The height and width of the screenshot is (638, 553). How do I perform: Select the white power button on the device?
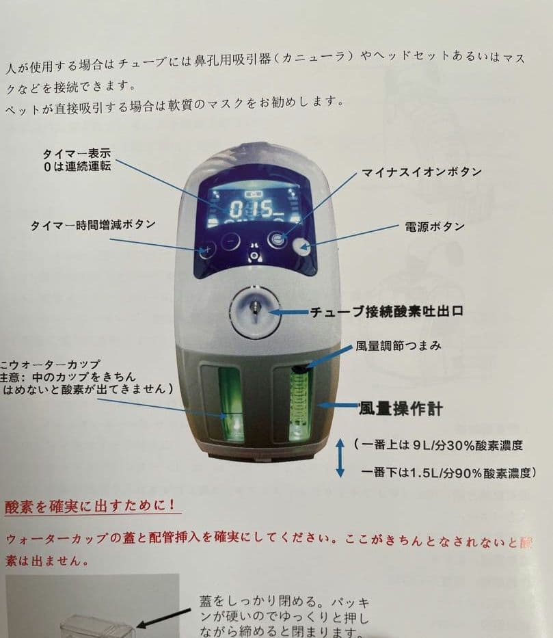tap(301, 247)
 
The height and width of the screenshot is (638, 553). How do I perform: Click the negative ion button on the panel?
tap(277, 239)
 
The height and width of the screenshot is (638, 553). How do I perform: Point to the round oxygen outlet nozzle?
tap(254, 311)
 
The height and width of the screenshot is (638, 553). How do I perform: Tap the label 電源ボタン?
tap(435, 226)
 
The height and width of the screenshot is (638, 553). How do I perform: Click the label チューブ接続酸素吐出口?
tap(387, 311)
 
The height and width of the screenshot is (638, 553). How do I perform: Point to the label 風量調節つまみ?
tap(398, 346)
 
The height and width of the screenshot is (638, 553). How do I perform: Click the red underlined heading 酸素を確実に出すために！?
tap(93, 507)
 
